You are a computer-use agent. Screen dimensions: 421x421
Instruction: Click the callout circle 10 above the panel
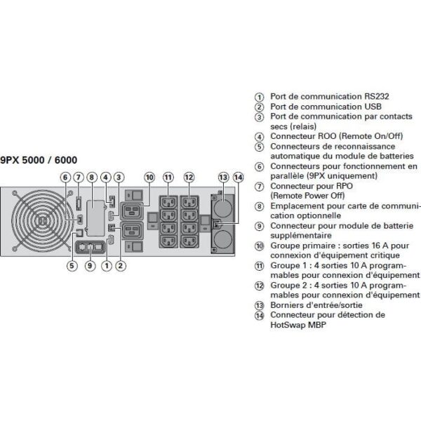coord(149,178)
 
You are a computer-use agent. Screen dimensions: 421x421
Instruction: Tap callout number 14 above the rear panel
coord(238,178)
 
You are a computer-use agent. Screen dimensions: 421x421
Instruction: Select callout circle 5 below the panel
coord(72,266)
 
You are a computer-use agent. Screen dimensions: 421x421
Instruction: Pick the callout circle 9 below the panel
coord(90,266)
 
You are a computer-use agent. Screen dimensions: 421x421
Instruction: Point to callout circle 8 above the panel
coord(92,178)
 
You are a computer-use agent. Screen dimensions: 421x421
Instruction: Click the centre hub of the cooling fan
coord(42,221)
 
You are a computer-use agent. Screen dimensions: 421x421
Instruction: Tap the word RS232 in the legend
coord(376,96)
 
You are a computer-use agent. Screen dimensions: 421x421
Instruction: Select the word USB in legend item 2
coord(373,107)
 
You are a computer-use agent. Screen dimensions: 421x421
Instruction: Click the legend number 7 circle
coord(259,187)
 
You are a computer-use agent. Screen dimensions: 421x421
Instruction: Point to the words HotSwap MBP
coord(298,325)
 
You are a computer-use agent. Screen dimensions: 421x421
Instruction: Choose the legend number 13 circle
coord(259,305)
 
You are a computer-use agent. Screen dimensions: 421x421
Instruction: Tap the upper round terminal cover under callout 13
coord(223,208)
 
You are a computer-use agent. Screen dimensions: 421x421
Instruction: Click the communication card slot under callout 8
coord(95,218)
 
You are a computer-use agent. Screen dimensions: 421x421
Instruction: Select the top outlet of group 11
coord(168,202)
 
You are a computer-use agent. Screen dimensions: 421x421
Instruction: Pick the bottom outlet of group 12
coord(189,241)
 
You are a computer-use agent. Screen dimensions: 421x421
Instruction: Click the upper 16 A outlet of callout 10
coord(132,210)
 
